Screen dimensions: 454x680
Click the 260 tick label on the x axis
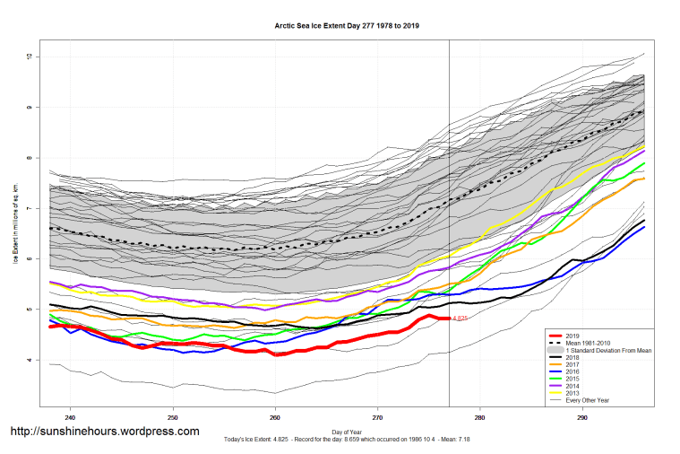click(x=275, y=416)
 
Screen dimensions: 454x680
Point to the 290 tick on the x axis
click(x=583, y=416)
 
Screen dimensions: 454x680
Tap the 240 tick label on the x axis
click(x=70, y=416)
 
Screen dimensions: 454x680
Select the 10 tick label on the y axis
click(x=30, y=57)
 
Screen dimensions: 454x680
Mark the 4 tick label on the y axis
click(x=30, y=360)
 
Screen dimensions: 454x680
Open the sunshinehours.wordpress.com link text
click(x=104, y=432)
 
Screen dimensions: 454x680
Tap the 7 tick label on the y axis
click(x=30, y=209)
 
